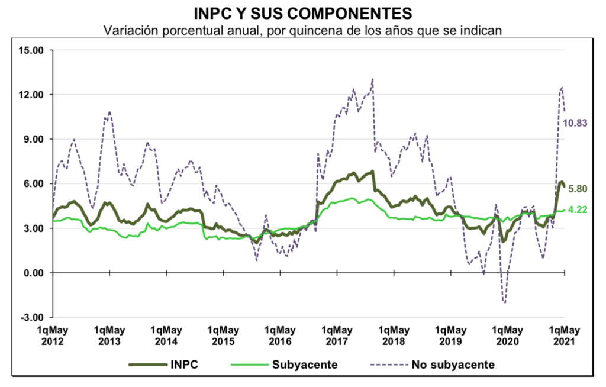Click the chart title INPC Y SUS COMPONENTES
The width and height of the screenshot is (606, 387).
tap(303, 13)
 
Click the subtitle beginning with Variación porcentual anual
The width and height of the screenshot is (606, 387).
tap(303, 30)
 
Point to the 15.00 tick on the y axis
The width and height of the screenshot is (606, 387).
tap(31, 50)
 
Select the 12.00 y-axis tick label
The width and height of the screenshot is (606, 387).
tap(31, 95)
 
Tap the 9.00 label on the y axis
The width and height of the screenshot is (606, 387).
tap(34, 140)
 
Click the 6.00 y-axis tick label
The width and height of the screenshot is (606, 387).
tap(34, 184)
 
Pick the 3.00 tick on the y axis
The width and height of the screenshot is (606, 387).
tap(34, 228)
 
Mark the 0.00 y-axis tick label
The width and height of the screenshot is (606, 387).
tap(34, 273)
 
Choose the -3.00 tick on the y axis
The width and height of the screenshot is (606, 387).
tap(33, 317)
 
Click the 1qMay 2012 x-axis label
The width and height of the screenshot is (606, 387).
tap(53, 336)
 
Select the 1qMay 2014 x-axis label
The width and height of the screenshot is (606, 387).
tap(166, 336)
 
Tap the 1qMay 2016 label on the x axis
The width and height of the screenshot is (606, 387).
tap(280, 336)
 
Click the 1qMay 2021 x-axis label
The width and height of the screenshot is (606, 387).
tap(565, 336)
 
